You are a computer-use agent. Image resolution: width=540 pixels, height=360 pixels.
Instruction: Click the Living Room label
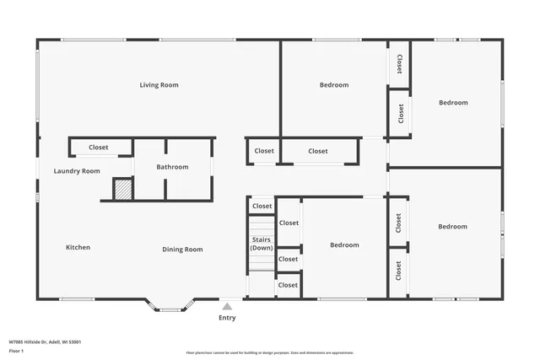(x=159, y=85)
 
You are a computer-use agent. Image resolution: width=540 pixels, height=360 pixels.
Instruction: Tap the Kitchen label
(x=78, y=248)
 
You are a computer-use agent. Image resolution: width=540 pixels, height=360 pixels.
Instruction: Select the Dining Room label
(x=182, y=250)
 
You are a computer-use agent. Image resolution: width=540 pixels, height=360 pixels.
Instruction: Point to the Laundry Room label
(x=77, y=171)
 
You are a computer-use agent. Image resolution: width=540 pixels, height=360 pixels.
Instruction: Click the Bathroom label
(x=172, y=167)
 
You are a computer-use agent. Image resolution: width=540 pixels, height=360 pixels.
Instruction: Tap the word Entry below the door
(x=227, y=318)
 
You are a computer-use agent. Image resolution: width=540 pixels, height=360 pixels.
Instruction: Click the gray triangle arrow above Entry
(x=227, y=306)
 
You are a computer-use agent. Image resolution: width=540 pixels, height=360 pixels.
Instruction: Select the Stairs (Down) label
(x=262, y=244)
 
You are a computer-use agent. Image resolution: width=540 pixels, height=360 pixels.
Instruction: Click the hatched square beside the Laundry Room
(x=123, y=189)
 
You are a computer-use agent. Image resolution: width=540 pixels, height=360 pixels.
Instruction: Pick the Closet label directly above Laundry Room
(x=99, y=148)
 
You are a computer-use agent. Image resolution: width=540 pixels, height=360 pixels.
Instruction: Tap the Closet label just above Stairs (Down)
(x=262, y=206)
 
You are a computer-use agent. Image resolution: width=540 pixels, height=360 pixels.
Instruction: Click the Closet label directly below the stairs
(x=288, y=285)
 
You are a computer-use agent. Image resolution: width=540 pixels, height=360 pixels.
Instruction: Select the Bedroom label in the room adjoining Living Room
(x=334, y=85)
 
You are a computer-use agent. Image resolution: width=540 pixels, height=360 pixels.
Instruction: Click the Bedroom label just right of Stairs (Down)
(x=344, y=245)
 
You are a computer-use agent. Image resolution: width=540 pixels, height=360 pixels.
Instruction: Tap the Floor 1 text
(x=18, y=352)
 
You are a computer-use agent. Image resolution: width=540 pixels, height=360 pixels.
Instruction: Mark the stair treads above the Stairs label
(x=262, y=226)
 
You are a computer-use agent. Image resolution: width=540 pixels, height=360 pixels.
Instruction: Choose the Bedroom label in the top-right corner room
(x=453, y=103)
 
